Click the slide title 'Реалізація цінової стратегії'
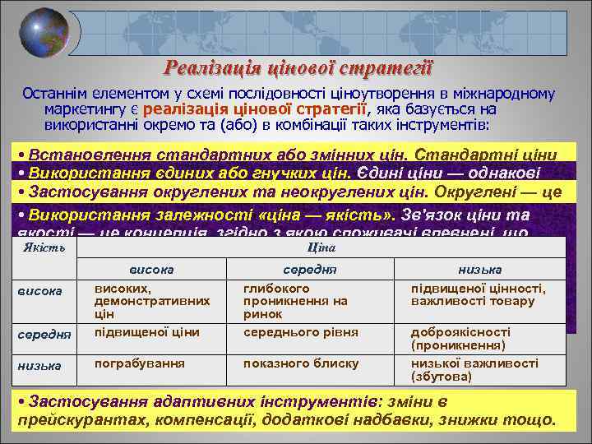coord(298,68)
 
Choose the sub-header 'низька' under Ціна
coord(479,269)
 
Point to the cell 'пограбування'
coord(127,363)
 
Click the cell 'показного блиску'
coord(301,363)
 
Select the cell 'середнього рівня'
coord(300,331)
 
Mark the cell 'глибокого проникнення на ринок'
coord(295,301)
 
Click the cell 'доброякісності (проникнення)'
coord(460,338)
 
